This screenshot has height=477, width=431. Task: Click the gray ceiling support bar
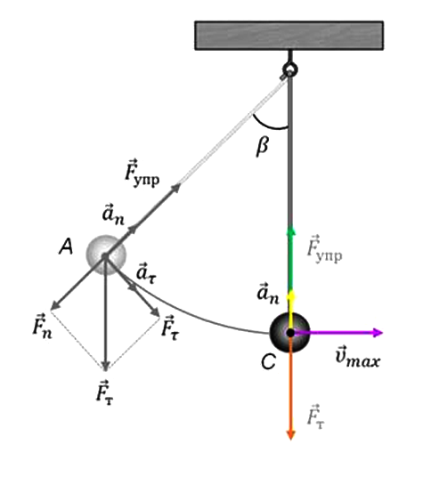pyautogui.click(x=289, y=36)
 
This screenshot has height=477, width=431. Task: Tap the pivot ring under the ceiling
pyautogui.click(x=289, y=69)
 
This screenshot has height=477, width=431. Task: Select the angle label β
pyautogui.click(x=262, y=147)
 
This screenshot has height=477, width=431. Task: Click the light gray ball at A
pyautogui.click(x=106, y=255)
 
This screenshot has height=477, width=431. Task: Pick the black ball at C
pyautogui.click(x=290, y=332)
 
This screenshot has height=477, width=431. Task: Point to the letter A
pyautogui.click(x=66, y=247)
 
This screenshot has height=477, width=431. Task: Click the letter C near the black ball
pyautogui.click(x=268, y=361)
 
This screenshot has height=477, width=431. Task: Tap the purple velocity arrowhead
pyautogui.click(x=378, y=333)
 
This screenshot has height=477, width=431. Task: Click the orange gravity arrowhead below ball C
pyautogui.click(x=291, y=435)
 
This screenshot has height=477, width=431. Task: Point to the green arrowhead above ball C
pyautogui.click(x=291, y=231)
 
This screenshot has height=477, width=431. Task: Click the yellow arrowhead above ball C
pyautogui.click(x=291, y=295)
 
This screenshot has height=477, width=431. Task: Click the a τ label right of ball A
pyautogui.click(x=146, y=273)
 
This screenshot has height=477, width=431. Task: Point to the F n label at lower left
pyautogui.click(x=42, y=326)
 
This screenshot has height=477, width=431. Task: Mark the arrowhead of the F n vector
pyautogui.click(x=54, y=305)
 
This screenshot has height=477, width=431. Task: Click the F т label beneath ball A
pyautogui.click(x=104, y=392)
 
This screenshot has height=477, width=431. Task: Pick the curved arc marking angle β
pyautogui.click(x=268, y=125)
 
